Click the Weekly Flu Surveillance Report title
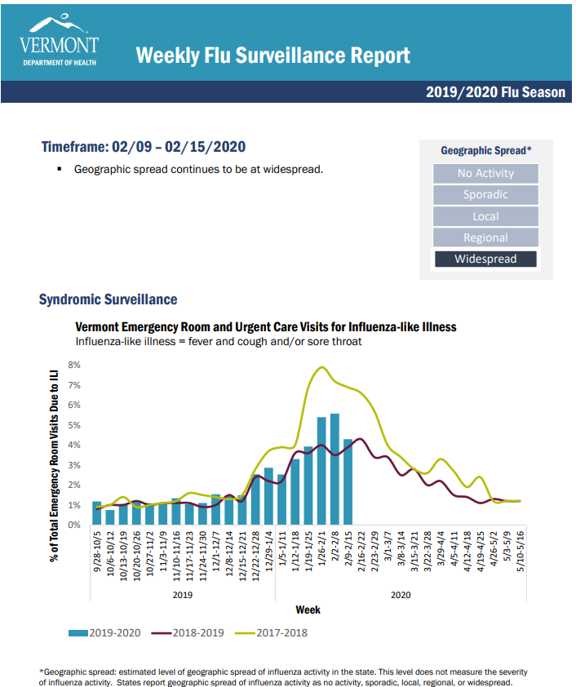pos(272,55)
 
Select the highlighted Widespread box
pos(485,259)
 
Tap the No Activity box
pos(485,173)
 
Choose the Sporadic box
pos(485,194)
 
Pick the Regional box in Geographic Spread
pos(485,237)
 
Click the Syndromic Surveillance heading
pos(108,299)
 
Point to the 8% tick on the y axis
pos(74,366)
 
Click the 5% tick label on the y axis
pos(74,425)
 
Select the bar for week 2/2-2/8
pos(335,469)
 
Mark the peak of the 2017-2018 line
pos(321,367)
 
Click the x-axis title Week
pos(308,609)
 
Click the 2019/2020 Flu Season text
pos(495,92)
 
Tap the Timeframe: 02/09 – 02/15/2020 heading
pos(144,148)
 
